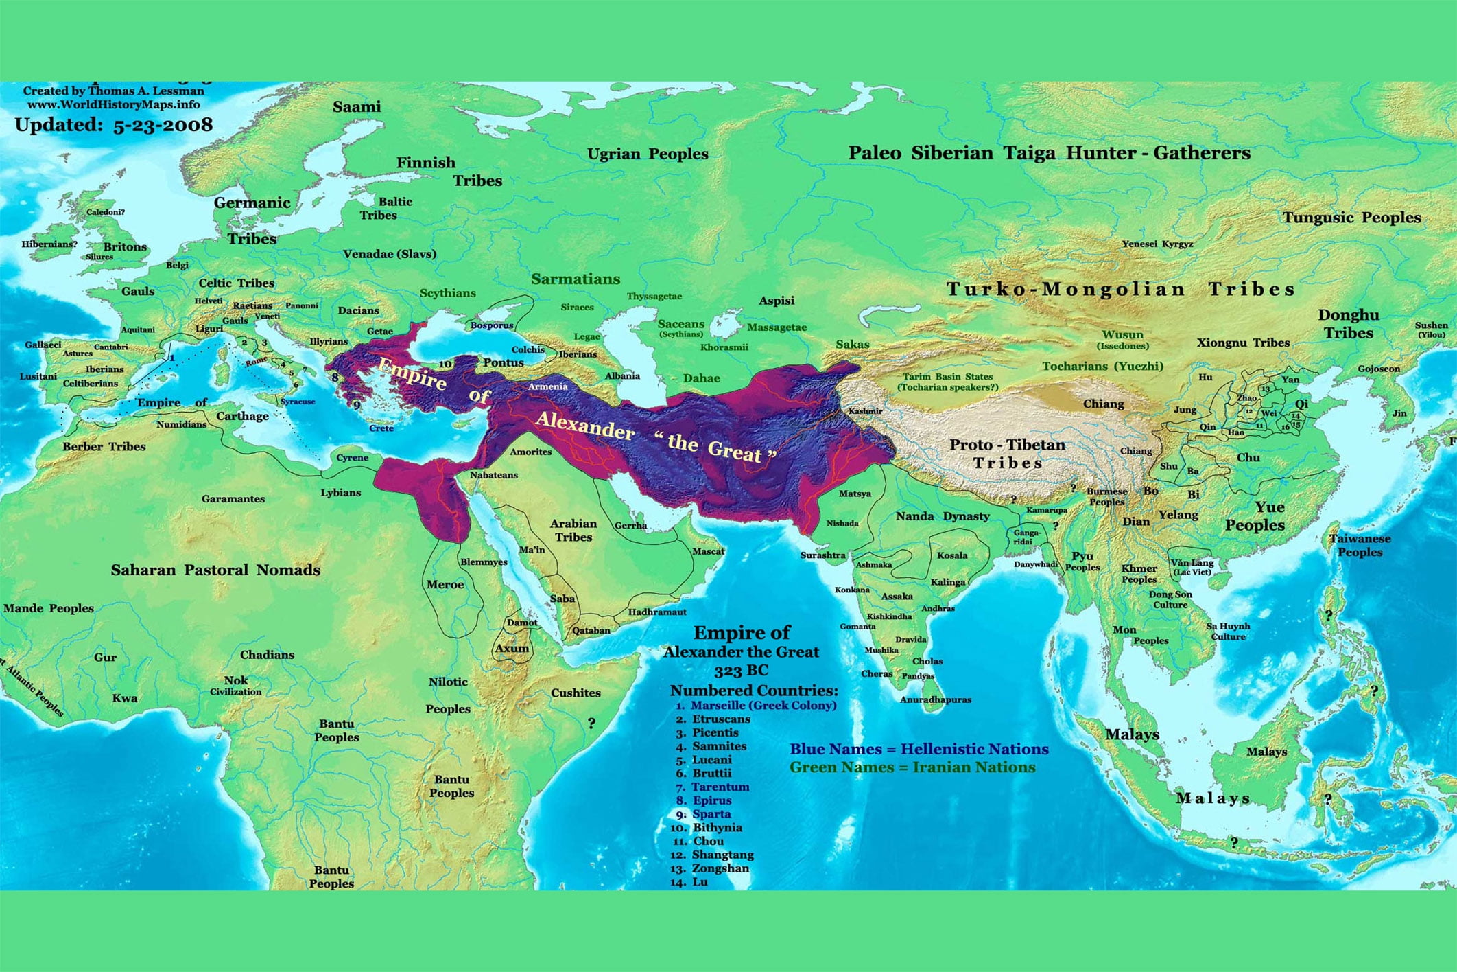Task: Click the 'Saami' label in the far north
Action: coord(356,107)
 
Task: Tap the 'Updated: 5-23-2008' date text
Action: coord(114,125)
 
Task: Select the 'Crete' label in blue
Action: coord(381,428)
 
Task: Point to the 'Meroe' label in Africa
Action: coord(445,585)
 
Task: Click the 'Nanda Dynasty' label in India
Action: coord(943,516)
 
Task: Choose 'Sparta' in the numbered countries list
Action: coord(711,814)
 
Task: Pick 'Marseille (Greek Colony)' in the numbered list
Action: coord(763,706)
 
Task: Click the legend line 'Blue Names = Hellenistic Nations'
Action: coord(919,749)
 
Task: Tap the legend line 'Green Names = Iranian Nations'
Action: coord(912,767)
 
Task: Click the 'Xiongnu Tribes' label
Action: coord(1243,343)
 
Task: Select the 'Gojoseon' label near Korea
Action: coord(1379,369)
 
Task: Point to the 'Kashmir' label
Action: coord(865,411)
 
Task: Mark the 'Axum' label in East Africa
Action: coord(512,648)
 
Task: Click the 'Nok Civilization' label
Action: coord(235,686)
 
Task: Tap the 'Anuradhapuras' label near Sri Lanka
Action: coord(935,699)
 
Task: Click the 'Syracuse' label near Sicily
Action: coord(298,402)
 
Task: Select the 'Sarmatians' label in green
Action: coord(575,279)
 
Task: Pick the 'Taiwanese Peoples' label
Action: coord(1360,545)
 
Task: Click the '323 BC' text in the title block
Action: coord(741,671)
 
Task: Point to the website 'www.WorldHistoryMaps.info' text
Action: coord(114,105)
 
